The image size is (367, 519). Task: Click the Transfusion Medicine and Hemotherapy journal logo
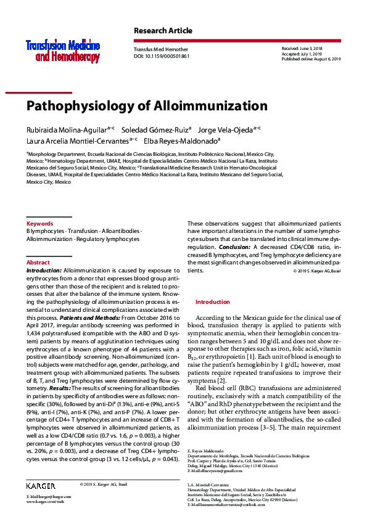[62, 51]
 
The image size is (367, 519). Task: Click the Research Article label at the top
[163, 31]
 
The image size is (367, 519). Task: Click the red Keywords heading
[39, 223]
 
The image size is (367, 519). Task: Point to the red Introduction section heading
[212, 302]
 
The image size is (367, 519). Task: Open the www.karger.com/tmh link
[44, 502]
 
